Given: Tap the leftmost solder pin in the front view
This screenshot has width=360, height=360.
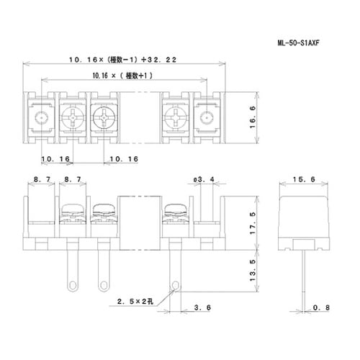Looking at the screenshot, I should tap(73, 266).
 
